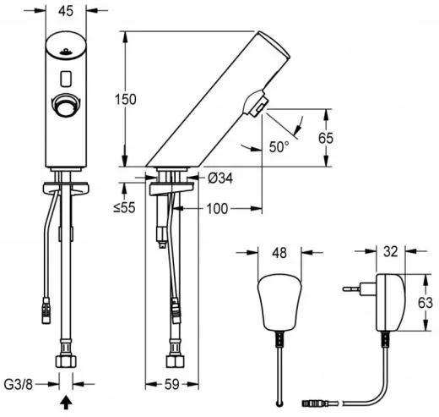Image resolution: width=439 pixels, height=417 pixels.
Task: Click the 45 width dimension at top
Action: [x=65, y=11]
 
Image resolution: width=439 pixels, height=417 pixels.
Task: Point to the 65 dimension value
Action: [x=335, y=137]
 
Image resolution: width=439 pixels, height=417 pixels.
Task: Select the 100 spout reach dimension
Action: [x=215, y=207]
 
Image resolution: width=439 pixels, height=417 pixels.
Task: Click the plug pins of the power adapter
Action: [x=353, y=289]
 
